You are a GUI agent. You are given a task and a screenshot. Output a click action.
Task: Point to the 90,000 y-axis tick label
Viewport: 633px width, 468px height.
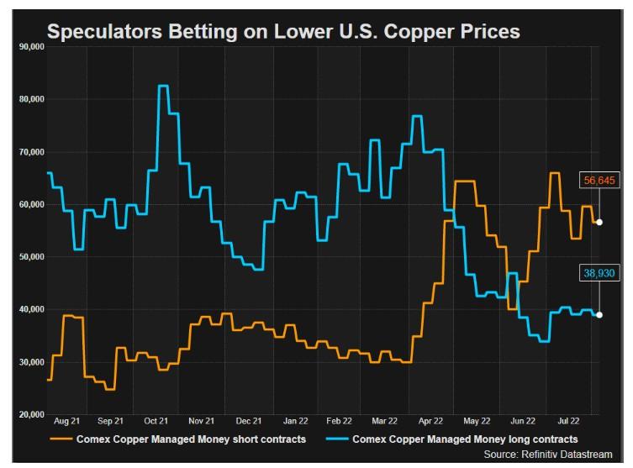point(31,47)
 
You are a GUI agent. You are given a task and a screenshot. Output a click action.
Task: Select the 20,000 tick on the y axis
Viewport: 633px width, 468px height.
point(31,414)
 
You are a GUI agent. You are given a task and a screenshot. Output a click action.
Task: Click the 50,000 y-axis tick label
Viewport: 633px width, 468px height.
point(31,257)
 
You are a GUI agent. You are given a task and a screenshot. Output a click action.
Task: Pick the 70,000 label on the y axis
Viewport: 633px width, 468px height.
point(31,152)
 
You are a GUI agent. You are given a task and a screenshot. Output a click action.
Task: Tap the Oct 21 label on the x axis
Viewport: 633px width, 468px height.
point(156,420)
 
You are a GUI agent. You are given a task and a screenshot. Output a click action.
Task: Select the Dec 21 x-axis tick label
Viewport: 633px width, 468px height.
point(249,420)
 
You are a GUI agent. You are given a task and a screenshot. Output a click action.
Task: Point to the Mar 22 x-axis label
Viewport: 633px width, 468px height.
point(384,420)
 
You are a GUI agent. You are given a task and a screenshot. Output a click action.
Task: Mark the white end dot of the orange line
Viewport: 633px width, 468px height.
point(599,222)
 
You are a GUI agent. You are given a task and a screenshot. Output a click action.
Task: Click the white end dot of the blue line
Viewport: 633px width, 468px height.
point(599,314)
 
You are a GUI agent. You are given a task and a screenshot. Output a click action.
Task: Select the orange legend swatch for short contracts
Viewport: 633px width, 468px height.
point(61,439)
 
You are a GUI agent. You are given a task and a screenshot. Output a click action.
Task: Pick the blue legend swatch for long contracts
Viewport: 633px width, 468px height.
point(335,439)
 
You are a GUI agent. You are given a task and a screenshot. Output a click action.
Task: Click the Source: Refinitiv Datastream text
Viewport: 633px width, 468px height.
point(554,454)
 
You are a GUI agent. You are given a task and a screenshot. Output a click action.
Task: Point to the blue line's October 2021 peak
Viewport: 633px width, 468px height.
point(163,86)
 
